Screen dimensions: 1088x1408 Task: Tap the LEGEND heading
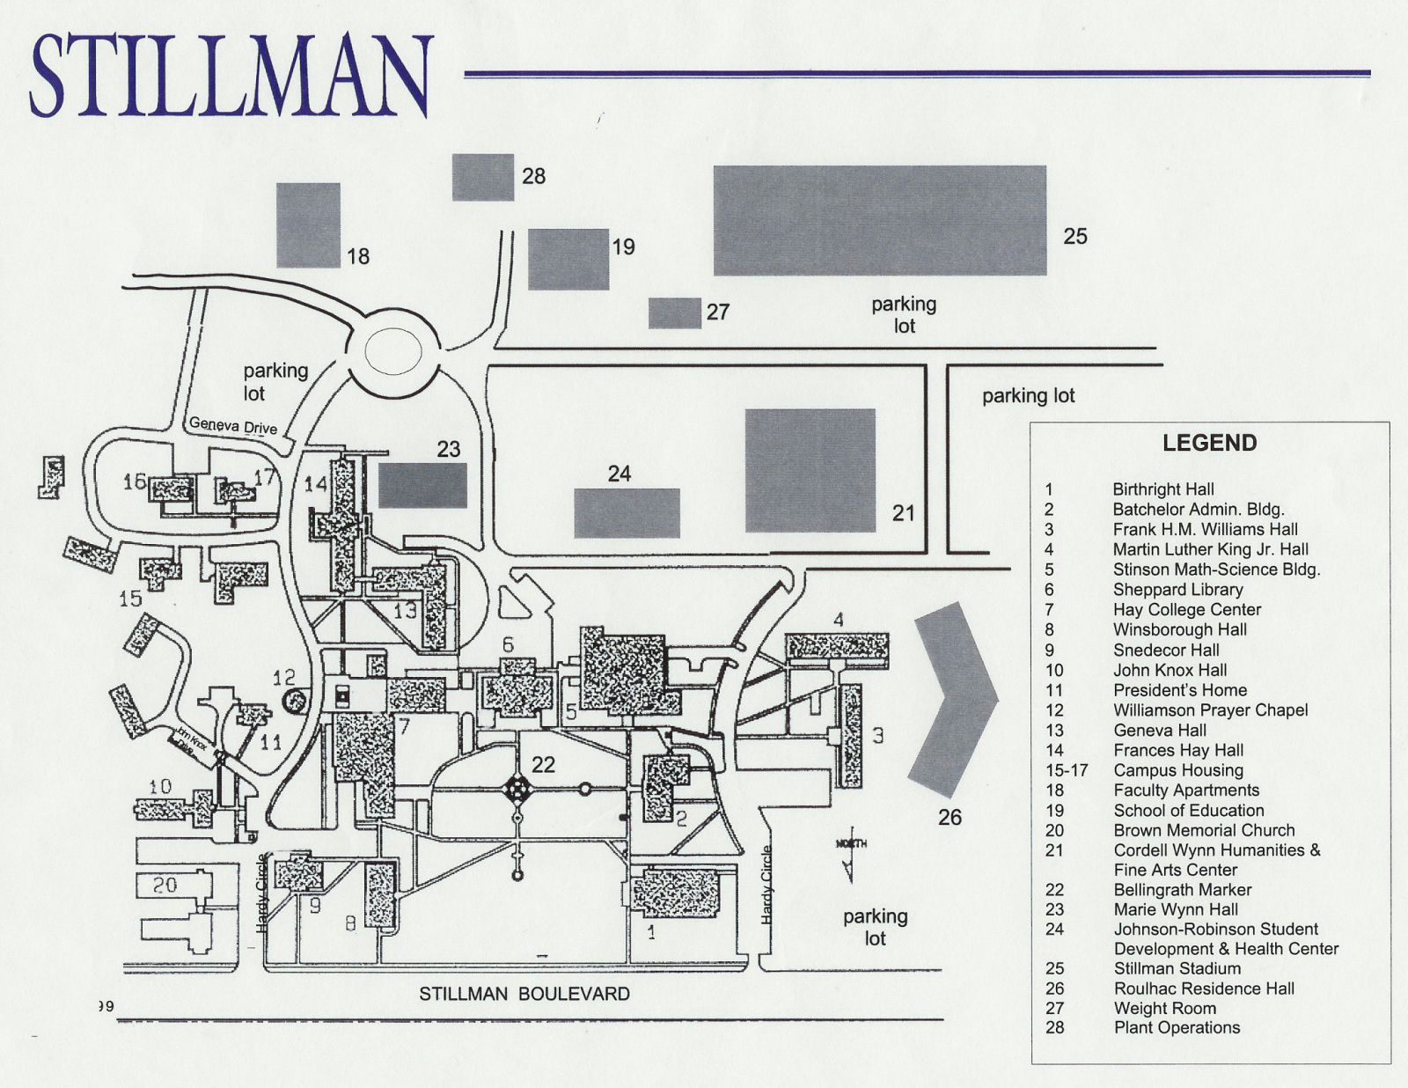pos(1209,443)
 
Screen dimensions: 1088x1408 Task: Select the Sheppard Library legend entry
pos(1177,590)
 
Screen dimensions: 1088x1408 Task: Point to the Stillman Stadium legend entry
pos(1177,968)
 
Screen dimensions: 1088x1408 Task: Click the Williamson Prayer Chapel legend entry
pos(1210,710)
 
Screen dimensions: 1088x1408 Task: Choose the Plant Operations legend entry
pos(1177,1027)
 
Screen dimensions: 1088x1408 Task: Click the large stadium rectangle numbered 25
pos(879,220)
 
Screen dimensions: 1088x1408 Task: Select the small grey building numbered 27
pos(675,312)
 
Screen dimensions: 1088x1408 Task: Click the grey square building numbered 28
pos(483,177)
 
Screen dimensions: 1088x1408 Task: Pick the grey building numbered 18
pos(308,224)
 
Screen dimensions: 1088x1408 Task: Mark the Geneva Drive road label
pos(233,426)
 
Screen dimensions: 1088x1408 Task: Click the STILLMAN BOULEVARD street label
pos(524,994)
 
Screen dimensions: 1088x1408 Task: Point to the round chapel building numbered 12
pos(296,701)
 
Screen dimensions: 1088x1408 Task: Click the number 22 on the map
pos(543,764)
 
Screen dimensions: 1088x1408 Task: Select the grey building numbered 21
pos(810,470)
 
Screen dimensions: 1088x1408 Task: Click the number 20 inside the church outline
pos(165,885)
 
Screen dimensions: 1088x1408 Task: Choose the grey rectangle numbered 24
pos(627,512)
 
